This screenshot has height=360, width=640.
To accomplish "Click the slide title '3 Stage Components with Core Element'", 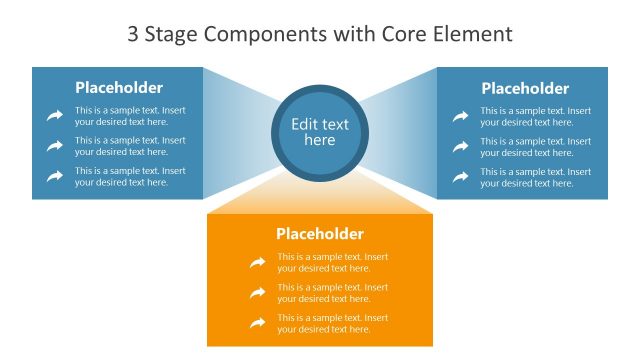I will pos(320,34).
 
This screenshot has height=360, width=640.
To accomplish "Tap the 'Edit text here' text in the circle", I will pos(320,132).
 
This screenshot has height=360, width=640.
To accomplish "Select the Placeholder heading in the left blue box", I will pos(119,88).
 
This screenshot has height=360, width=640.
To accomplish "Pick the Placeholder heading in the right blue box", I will pos(525,89).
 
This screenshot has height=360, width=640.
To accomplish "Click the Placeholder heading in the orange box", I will pos(320,234).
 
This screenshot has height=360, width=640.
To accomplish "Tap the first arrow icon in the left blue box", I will pos(55,116).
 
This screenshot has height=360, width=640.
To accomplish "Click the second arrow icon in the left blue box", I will pos(55,146).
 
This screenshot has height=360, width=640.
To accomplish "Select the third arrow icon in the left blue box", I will pos(55,177).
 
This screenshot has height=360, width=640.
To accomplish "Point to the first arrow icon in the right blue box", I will pos(460,116).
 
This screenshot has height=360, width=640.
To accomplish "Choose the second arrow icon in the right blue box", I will pos(460,146).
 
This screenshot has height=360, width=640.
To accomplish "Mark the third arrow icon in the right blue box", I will pos(460,177).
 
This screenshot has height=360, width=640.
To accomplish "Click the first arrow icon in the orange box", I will pos(258,263).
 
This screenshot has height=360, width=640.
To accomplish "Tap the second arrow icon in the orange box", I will pos(258,293).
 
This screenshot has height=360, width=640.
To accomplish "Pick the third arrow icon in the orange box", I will pos(258,323).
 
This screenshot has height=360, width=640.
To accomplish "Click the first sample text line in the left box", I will pos(130,116).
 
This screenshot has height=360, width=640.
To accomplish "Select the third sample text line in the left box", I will pos(130,177).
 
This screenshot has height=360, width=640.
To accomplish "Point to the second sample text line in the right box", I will pos(535,147).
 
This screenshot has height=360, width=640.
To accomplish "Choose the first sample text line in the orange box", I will pos(333,263).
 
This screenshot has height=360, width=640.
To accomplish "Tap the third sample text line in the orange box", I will pos(333,324).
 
